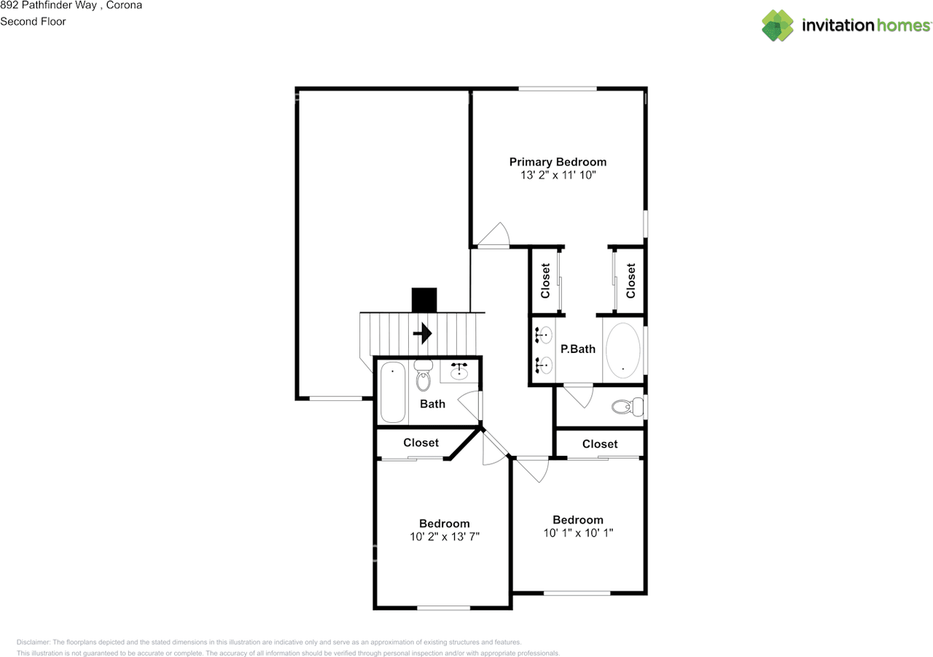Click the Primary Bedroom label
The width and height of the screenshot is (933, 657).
click(558, 162)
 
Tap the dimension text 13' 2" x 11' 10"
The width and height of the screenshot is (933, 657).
click(558, 176)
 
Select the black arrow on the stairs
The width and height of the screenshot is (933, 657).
click(422, 334)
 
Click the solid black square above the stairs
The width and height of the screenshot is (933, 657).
click(423, 300)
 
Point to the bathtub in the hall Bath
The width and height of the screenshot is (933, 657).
click(393, 392)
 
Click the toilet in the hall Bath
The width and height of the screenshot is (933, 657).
click(423, 376)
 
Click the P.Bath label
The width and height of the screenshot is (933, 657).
click(577, 349)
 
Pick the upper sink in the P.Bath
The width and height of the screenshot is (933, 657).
click(544, 335)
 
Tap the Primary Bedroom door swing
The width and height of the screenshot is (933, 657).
click(495, 235)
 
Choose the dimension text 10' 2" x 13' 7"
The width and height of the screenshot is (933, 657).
click(444, 537)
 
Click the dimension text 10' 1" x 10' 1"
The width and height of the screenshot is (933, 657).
click(578, 533)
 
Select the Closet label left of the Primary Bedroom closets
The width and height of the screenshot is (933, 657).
click(545, 281)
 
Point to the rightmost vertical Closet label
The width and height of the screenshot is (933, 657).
click(631, 281)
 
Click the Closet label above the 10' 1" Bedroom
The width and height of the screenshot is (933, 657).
click(600, 444)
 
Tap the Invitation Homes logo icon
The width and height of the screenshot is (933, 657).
click(778, 26)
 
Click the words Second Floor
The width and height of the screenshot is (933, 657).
click(33, 22)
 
